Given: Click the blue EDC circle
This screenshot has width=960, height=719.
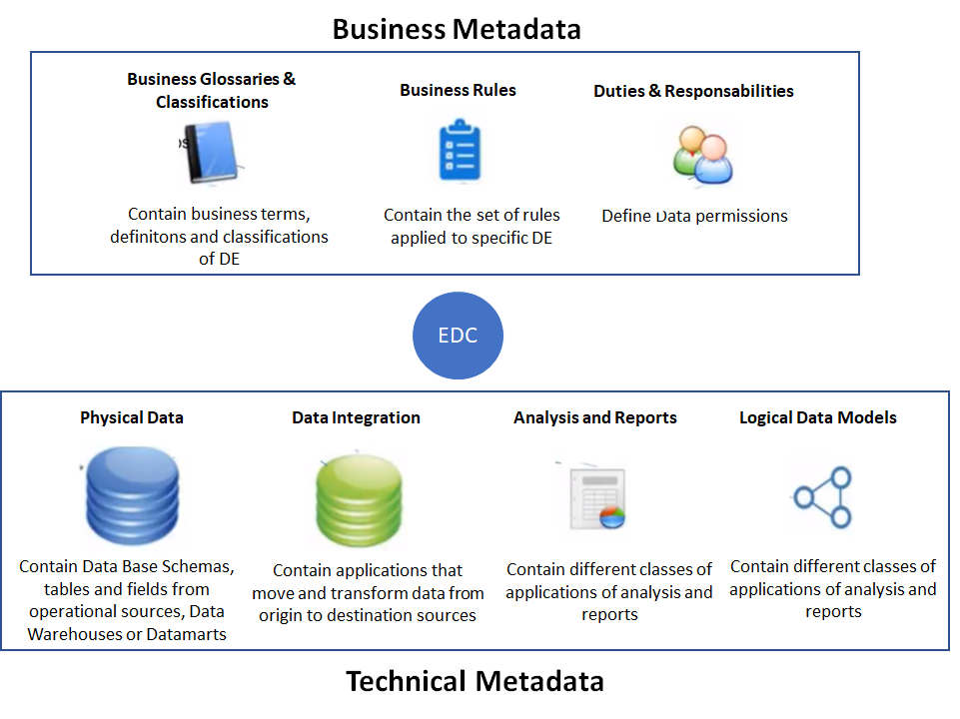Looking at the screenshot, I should click(459, 336).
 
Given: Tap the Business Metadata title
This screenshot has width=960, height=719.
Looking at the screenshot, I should click(457, 29).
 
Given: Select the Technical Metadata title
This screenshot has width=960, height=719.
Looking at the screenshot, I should click(475, 681).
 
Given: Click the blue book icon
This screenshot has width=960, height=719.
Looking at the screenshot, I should click(212, 153).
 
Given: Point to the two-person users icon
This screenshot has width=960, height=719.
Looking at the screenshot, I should click(700, 155).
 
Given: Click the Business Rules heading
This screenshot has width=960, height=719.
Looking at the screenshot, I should click(458, 90).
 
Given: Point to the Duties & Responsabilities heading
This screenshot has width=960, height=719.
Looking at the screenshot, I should click(693, 91).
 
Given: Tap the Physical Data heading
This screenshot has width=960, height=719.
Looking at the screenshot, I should click(132, 417).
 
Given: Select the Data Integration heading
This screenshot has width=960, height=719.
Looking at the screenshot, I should click(356, 417).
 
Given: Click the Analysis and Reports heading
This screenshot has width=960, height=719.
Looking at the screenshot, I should click(595, 417).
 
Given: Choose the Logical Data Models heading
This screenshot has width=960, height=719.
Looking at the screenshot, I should click(818, 417).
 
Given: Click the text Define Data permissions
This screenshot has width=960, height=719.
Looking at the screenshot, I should click(694, 216).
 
